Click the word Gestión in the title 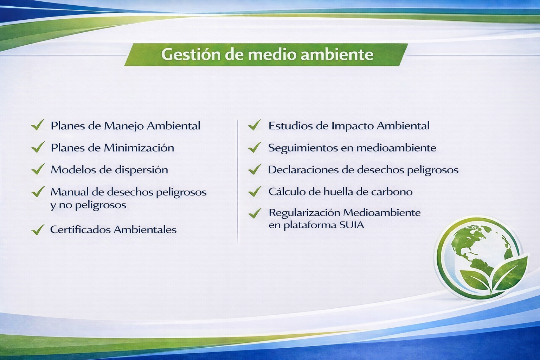(191, 55)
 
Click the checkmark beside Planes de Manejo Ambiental (38, 125)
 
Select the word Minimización (139, 148)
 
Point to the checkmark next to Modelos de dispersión (38, 169)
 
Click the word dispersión (141, 170)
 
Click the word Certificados (80, 229)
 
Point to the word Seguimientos (303, 148)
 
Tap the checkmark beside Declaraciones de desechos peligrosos (255, 169)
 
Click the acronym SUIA (352, 225)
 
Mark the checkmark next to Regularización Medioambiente (255, 213)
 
